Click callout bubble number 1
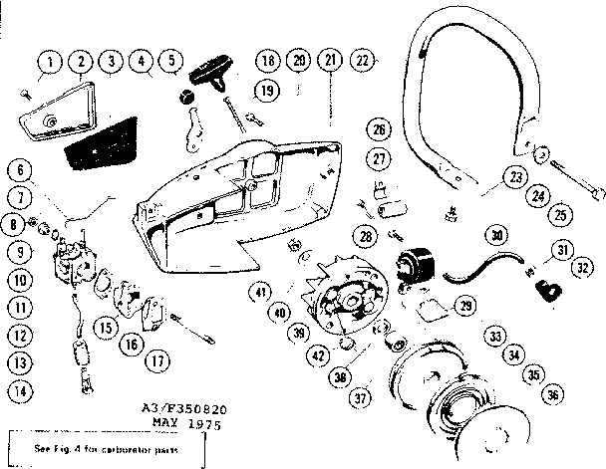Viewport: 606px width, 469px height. [x=47, y=64]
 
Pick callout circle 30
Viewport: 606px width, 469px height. [x=495, y=235]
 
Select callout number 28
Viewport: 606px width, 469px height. [x=366, y=236]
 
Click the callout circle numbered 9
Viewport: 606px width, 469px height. [x=20, y=253]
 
